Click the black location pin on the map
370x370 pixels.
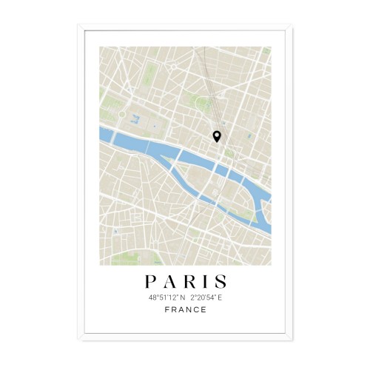[217, 136]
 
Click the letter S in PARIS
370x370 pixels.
[220, 282]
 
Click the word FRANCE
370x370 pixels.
[185, 309]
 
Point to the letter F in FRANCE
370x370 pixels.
[166, 309]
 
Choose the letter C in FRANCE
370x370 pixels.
[196, 309]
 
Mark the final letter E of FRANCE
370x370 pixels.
[203, 309]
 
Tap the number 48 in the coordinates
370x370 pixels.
[152, 297]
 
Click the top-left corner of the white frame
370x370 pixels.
[78, 26]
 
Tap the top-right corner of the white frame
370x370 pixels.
[292, 26]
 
